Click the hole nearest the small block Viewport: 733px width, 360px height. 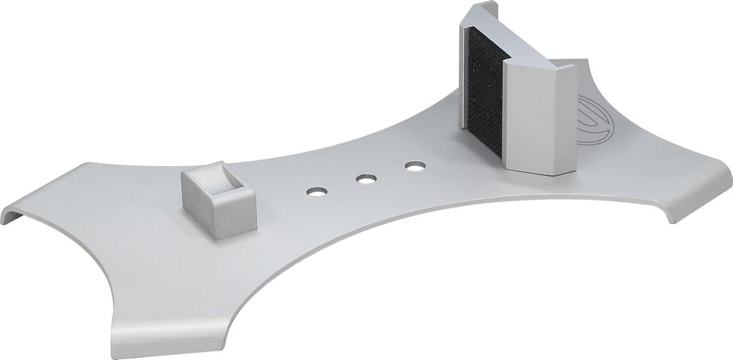[x=316, y=192]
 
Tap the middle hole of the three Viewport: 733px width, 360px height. [x=366, y=178]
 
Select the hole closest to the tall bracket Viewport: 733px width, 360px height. [x=414, y=167]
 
